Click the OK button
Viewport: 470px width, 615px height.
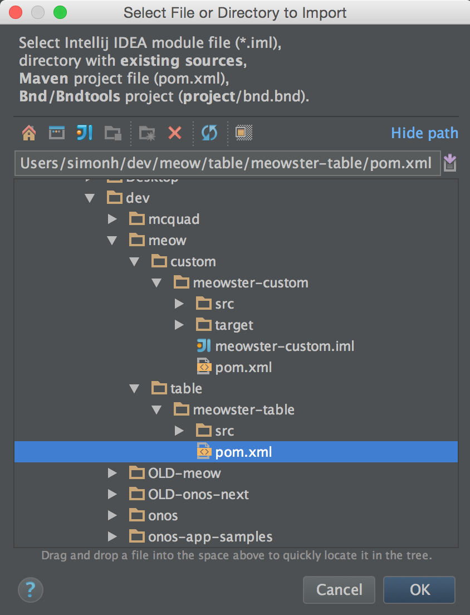tap(419, 589)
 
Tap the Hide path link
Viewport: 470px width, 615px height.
tap(424, 133)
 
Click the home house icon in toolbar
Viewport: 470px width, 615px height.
tap(28, 133)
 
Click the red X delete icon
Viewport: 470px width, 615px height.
tap(175, 133)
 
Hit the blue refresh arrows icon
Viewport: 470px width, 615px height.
tap(209, 133)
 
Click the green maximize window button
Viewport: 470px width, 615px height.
tap(60, 12)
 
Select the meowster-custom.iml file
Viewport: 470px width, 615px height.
tap(284, 346)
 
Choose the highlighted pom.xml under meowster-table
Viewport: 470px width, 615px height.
tap(243, 452)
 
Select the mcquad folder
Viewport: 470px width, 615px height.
tap(173, 219)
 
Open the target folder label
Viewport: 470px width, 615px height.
tap(234, 325)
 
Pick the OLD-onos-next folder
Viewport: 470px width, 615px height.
tap(198, 494)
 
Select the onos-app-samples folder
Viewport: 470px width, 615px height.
tap(210, 536)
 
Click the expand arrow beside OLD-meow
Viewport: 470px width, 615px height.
tap(112, 473)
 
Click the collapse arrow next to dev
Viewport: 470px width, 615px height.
tap(90, 198)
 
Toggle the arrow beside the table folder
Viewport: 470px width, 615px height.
tap(135, 388)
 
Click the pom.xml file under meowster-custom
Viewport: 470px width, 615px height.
tap(243, 367)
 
